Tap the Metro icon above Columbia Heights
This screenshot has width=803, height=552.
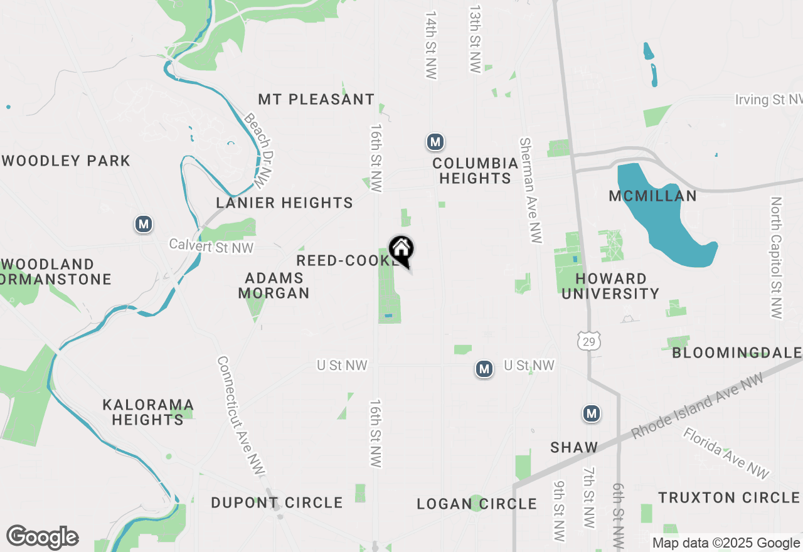[x=435, y=142]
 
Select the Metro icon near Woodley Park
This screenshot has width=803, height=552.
[x=144, y=224]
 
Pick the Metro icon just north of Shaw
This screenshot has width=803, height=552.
[x=591, y=413]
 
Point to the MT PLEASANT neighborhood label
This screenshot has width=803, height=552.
[x=316, y=99]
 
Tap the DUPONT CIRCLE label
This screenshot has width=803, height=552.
[x=277, y=502]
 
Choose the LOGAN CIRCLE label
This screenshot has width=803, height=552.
[x=477, y=504]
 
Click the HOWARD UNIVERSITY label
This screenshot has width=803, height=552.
[x=610, y=286]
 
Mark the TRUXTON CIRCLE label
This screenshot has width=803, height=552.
[x=728, y=497]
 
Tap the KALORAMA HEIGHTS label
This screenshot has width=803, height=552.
[x=148, y=412]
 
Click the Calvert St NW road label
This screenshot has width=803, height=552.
[x=211, y=247]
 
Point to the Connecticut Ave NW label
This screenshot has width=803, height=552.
[x=241, y=417]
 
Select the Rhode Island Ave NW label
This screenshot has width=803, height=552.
[x=698, y=405]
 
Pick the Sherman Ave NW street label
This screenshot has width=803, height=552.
[x=530, y=189]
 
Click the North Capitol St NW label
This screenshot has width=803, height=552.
[x=777, y=258]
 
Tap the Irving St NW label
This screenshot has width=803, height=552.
[x=768, y=100]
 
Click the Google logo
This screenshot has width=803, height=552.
[x=42, y=537]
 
